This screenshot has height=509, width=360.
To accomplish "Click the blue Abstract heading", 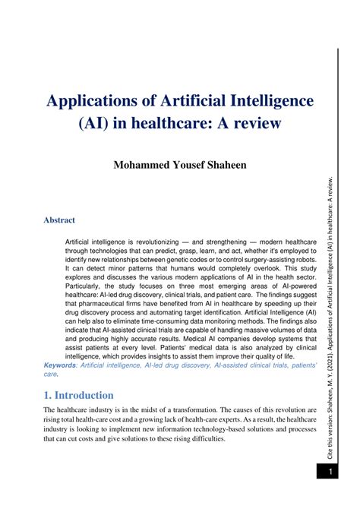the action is point(59,220).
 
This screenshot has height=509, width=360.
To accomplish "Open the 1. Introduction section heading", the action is point(79,395).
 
